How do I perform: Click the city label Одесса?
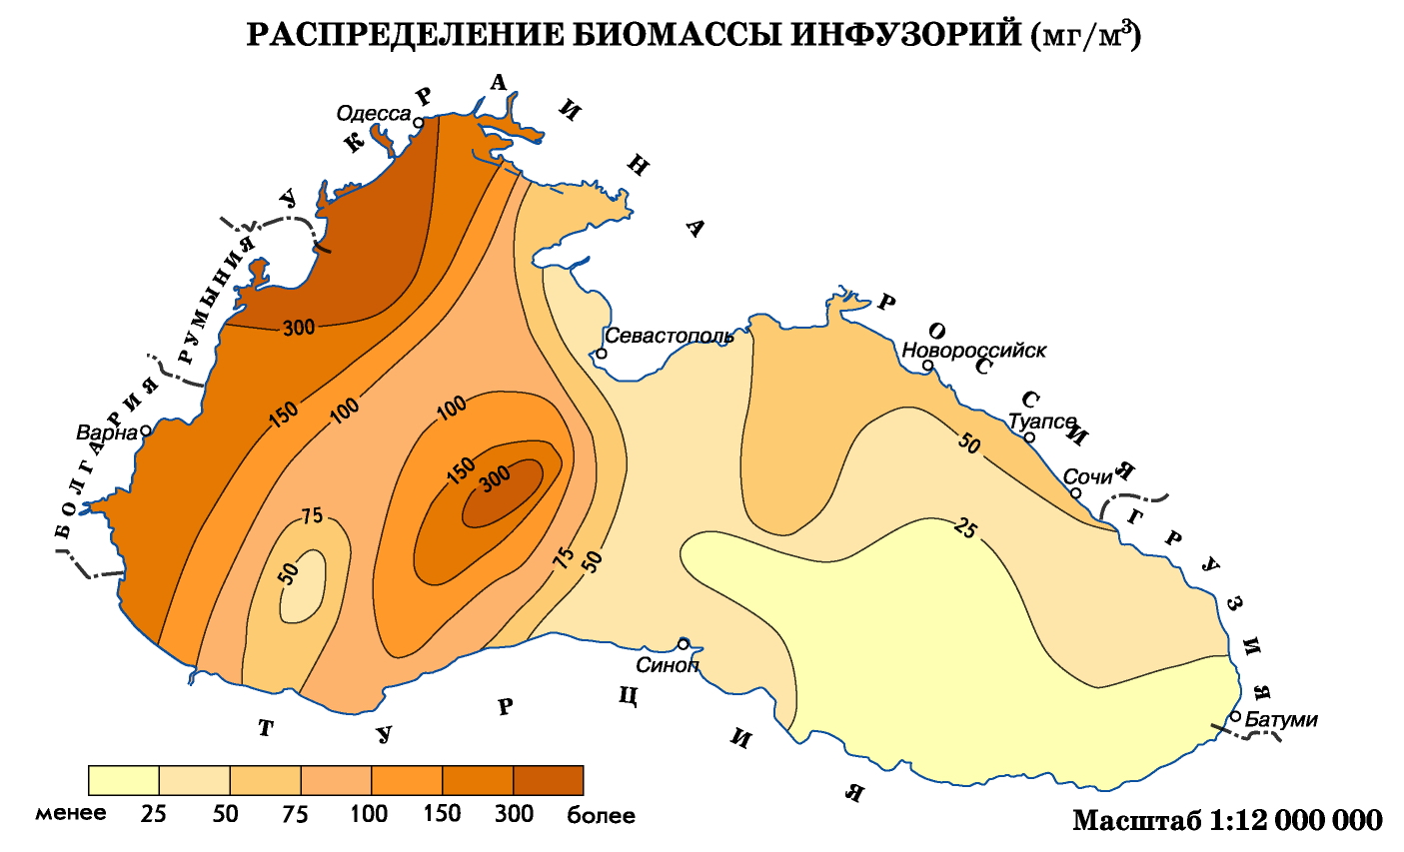(x=374, y=114)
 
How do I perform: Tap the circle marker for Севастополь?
(x=602, y=354)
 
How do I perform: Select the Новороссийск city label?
(x=973, y=351)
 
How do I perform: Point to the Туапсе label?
(x=1042, y=422)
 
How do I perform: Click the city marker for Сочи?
(x=1076, y=492)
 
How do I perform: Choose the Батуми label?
(x=1281, y=719)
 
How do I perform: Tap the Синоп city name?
(x=668, y=664)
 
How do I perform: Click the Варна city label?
(x=107, y=433)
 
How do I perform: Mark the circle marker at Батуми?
(x=1236, y=716)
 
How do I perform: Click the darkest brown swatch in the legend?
(x=548, y=780)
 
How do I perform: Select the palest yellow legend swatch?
(x=124, y=780)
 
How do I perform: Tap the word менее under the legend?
(x=71, y=813)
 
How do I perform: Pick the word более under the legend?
(x=601, y=815)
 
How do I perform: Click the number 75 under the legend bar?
(x=295, y=813)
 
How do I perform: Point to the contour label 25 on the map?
(x=964, y=526)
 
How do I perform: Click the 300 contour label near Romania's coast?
(x=299, y=327)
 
